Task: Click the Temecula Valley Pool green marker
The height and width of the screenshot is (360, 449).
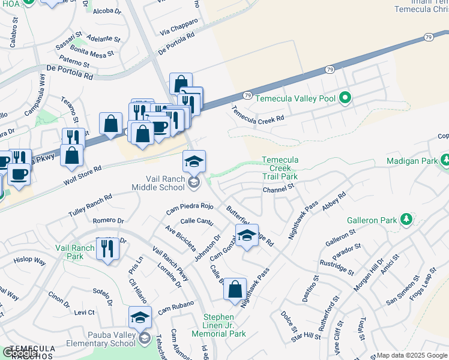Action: (345, 98)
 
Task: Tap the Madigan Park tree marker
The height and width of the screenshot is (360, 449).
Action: (445, 160)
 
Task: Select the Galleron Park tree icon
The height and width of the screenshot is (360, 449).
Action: (406, 220)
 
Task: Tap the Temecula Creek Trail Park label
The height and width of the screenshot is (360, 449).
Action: (280, 169)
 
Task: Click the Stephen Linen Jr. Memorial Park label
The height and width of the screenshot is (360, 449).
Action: (218, 325)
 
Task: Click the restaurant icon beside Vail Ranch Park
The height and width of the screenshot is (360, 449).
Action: (107, 247)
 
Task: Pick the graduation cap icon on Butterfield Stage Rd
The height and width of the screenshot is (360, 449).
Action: (246, 235)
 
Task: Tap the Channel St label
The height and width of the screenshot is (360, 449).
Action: (279, 189)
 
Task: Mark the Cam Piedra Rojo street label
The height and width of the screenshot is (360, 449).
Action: (190, 209)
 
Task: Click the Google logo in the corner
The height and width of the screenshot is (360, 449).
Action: (20, 353)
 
